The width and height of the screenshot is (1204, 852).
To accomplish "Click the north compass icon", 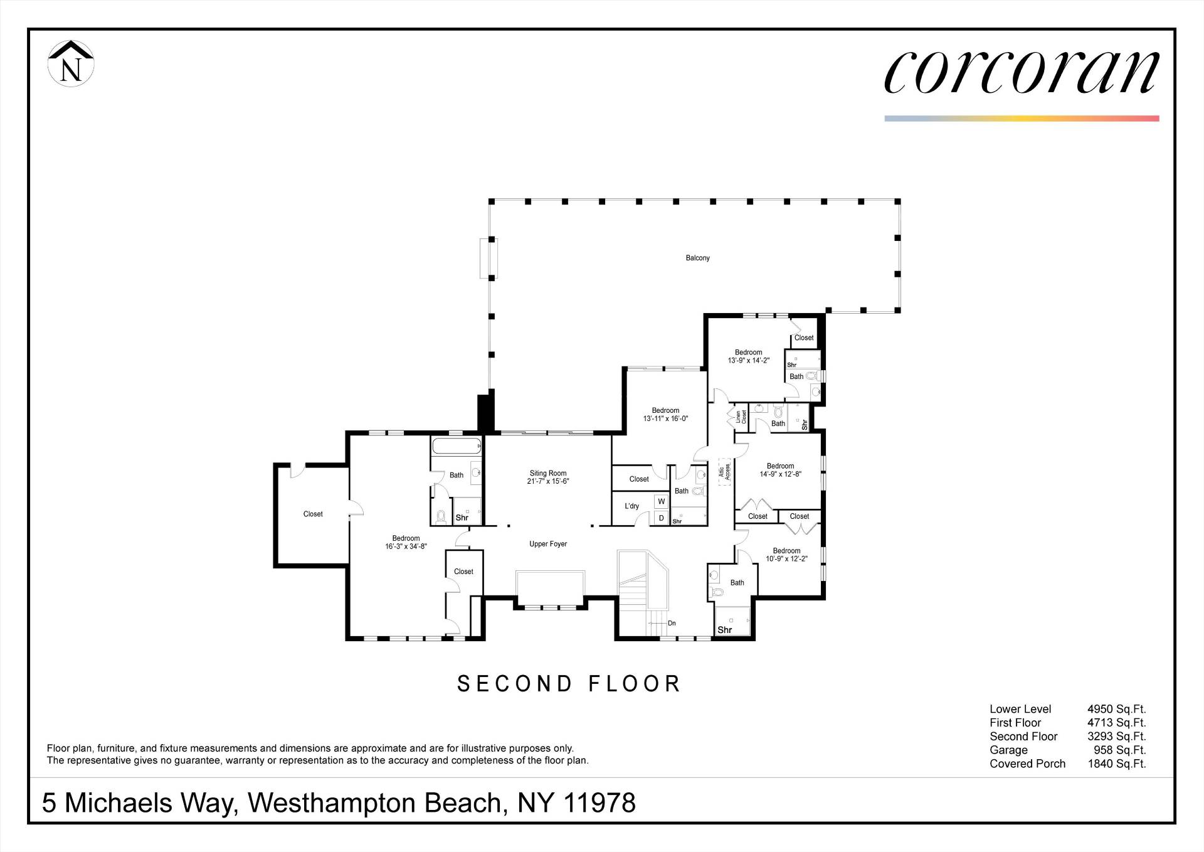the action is pyautogui.click(x=71, y=63).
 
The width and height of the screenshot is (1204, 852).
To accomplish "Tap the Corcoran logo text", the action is pyautogui.click(x=1022, y=72).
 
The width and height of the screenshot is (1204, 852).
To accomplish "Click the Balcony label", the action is pyautogui.click(x=697, y=258).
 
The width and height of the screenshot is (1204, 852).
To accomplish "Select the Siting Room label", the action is pyautogui.click(x=547, y=474).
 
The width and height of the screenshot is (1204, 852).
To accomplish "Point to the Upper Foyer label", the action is pyautogui.click(x=547, y=544).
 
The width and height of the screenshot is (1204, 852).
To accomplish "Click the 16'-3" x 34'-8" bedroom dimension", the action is pyautogui.click(x=406, y=546).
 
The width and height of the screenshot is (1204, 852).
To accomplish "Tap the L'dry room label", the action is pyautogui.click(x=631, y=506).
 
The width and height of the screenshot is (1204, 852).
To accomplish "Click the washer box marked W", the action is pyautogui.click(x=661, y=502).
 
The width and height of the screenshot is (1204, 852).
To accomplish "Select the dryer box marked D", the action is pyautogui.click(x=661, y=518).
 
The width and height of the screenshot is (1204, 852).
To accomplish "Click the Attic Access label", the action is pyautogui.click(x=724, y=472).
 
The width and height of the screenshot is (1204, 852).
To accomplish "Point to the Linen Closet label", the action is pyautogui.click(x=741, y=417).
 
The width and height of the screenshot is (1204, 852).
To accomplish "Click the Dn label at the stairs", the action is pyautogui.click(x=672, y=623).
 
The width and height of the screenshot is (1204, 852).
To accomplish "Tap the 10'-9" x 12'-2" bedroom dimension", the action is pyautogui.click(x=786, y=559).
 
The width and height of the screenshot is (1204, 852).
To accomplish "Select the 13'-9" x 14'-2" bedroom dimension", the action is pyautogui.click(x=748, y=361).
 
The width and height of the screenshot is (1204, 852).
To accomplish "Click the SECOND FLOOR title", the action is pyautogui.click(x=569, y=684).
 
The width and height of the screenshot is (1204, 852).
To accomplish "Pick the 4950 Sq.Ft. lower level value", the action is pyautogui.click(x=1116, y=709).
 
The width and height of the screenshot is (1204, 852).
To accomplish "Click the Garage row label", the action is pyautogui.click(x=1008, y=750).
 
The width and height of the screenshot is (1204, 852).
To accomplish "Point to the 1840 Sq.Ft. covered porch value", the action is pyautogui.click(x=1116, y=764).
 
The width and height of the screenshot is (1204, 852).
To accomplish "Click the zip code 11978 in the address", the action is pyautogui.click(x=599, y=803).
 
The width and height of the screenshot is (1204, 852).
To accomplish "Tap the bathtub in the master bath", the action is pyautogui.click(x=456, y=446).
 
